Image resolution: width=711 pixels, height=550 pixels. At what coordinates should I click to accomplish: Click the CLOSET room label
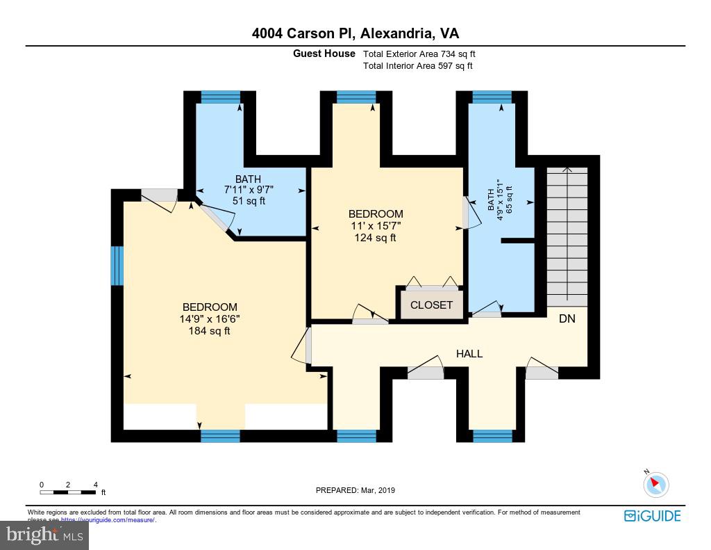(x=431, y=305)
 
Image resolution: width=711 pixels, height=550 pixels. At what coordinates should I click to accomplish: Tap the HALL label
(x=469, y=354)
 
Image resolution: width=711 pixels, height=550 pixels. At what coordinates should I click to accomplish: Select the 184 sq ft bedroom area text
(x=209, y=331)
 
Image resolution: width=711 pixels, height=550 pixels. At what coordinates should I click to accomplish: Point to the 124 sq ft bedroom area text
(x=375, y=238)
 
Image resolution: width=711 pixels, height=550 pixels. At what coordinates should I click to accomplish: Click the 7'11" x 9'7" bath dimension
(x=248, y=190)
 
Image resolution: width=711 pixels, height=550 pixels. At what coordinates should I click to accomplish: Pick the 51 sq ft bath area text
(x=248, y=201)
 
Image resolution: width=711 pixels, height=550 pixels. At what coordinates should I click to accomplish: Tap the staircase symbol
(x=567, y=236)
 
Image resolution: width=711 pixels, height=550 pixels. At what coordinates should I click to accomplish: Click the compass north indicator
(x=655, y=484)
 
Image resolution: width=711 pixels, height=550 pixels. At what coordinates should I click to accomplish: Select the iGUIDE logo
(x=652, y=516)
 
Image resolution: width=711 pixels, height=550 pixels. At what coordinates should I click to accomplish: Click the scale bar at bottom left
(x=68, y=492)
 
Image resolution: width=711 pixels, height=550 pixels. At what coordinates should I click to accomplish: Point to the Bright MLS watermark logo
(x=44, y=535)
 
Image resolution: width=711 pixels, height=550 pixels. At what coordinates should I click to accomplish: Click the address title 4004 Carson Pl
(x=355, y=33)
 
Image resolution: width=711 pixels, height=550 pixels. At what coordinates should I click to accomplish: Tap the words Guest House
(x=324, y=54)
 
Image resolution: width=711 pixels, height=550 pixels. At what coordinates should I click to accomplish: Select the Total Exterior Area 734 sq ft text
(x=419, y=54)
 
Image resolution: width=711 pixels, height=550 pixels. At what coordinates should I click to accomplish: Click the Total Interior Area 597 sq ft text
(x=417, y=66)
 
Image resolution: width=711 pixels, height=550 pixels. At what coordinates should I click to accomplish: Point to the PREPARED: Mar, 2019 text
(x=355, y=490)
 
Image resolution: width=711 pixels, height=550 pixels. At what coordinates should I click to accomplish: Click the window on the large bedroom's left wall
(x=117, y=266)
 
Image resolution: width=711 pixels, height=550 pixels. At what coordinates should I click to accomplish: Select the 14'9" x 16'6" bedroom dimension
(x=209, y=319)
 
